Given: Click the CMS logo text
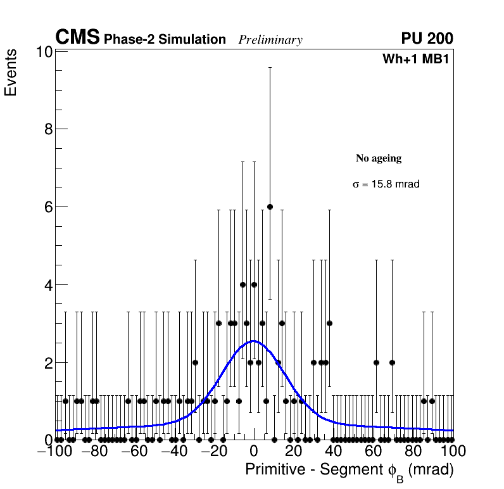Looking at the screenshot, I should [x=77, y=38].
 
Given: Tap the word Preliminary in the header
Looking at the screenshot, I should [x=270, y=40].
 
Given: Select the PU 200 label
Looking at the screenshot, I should [x=427, y=39].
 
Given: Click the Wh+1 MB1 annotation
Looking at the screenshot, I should [x=415, y=60].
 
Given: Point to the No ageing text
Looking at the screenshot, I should [x=379, y=158].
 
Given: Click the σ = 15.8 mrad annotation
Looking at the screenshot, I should [x=386, y=184].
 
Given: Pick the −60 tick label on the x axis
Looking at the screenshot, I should [x=134, y=452].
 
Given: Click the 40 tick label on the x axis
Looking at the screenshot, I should [x=333, y=452].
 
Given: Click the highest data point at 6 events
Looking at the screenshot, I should [x=270, y=206].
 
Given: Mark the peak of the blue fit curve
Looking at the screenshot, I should [x=253, y=341].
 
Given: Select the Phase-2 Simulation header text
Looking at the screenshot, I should [x=165, y=40].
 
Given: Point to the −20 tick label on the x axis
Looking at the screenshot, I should [x=213, y=452].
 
